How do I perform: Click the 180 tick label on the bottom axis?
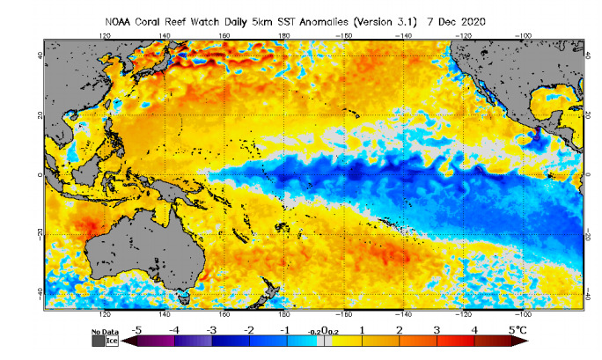(x=284, y=312)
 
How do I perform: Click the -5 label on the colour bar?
(x=136, y=330)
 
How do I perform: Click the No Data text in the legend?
(x=104, y=332)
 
